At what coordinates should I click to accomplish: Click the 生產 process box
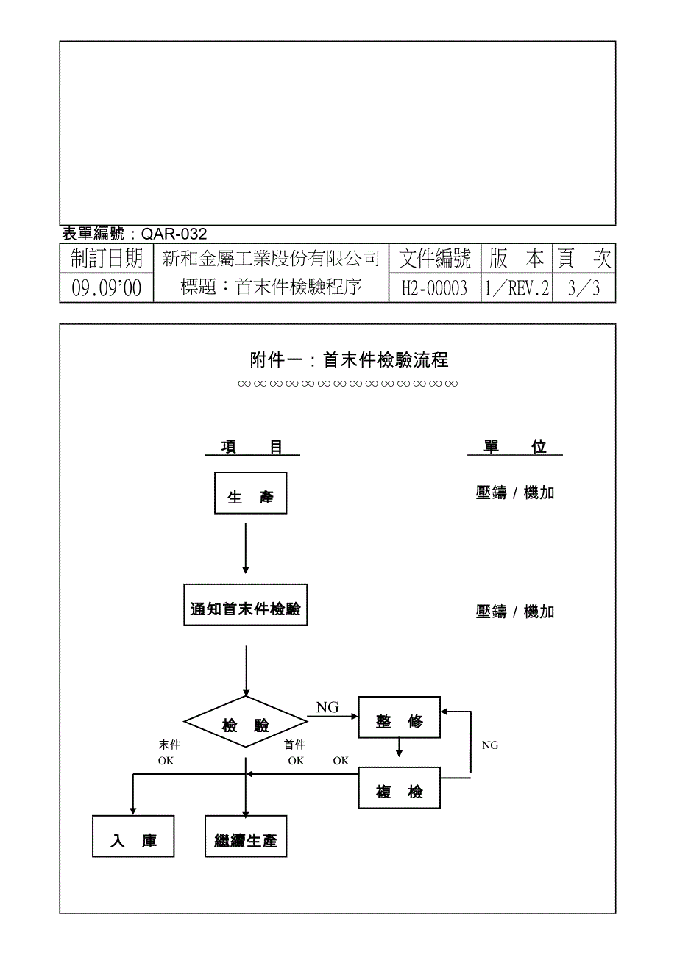(251, 493)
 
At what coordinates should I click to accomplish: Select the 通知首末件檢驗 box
(246, 605)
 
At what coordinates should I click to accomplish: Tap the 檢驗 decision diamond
(246, 722)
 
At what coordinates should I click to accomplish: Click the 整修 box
(399, 717)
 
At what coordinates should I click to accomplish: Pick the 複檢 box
(399, 788)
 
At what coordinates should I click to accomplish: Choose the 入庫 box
(133, 836)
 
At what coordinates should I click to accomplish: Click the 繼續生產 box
(246, 836)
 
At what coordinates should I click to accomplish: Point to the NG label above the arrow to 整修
(327, 708)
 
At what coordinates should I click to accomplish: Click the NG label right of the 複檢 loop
(490, 745)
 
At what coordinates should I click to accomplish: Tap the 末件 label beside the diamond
(169, 745)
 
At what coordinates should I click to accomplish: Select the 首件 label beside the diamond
(294, 745)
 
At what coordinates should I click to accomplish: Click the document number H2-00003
(434, 288)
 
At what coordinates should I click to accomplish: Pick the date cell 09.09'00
(107, 288)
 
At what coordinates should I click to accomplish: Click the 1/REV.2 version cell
(517, 288)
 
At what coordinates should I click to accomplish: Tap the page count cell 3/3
(584, 288)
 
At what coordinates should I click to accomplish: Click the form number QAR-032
(174, 234)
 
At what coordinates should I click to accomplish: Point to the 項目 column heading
(252, 447)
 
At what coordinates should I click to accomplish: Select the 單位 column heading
(515, 447)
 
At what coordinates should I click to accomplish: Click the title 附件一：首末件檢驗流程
(350, 359)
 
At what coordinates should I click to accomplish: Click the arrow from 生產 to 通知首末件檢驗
(246, 548)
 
